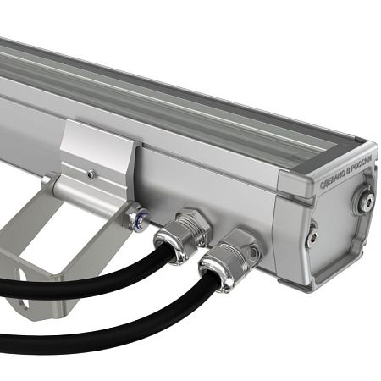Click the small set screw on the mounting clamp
point(91,175)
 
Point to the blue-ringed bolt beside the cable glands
point(136,219)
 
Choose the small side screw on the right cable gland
point(251,252)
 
